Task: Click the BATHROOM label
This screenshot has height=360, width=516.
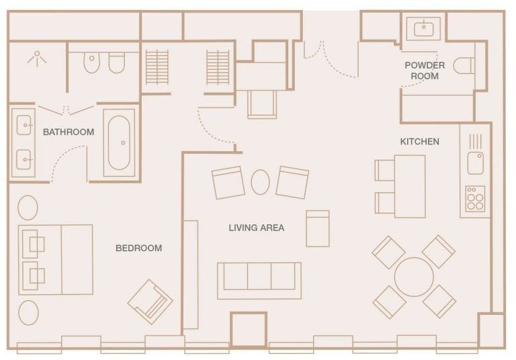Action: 69,132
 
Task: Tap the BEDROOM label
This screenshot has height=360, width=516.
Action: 138,248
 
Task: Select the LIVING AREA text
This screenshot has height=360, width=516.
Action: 257,228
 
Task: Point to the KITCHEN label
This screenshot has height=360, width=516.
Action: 419,142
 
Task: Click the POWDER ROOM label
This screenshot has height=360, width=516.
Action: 425,71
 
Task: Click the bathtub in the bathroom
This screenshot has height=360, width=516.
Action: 119,143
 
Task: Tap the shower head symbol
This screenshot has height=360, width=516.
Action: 37,58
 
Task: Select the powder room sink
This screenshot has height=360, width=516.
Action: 423,29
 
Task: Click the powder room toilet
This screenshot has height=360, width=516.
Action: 464,65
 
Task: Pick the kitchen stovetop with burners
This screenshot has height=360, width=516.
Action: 475,198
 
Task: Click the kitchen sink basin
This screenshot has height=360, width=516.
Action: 475,163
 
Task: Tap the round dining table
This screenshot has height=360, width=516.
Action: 414,277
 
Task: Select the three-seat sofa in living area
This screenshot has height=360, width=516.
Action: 259,281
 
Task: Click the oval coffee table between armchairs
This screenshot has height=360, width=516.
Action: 260,182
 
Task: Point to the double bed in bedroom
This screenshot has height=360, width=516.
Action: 56,260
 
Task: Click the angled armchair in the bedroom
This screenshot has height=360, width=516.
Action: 150,302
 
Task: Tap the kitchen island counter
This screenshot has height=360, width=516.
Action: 410,186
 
